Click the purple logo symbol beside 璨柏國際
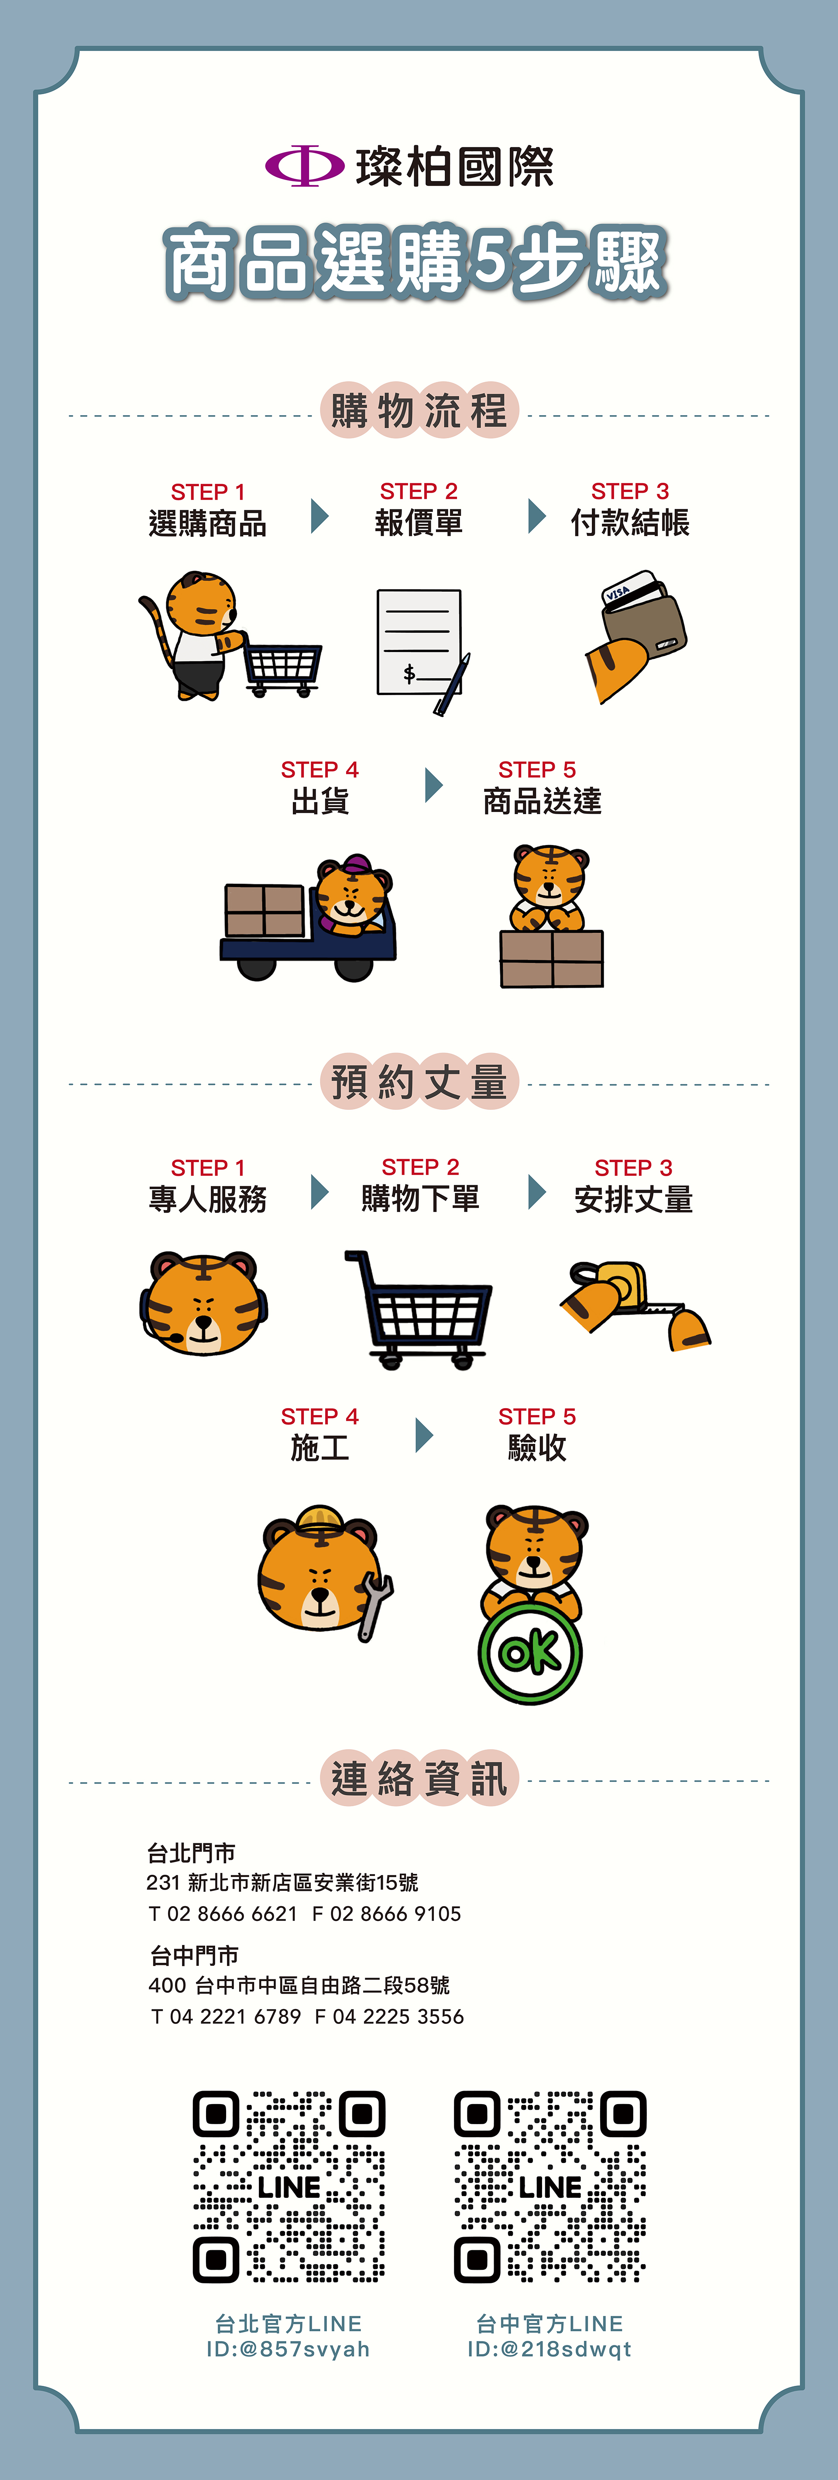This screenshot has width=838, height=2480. (x=304, y=166)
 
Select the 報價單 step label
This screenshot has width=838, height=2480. (x=419, y=523)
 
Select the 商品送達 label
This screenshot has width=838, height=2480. (x=542, y=801)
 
